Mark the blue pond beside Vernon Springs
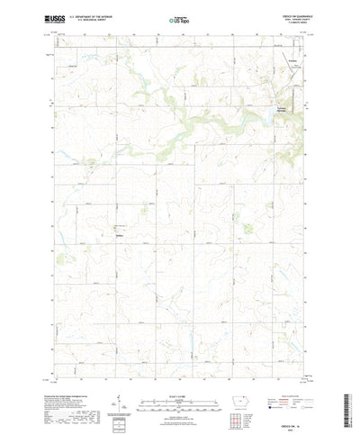coord(271,112)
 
